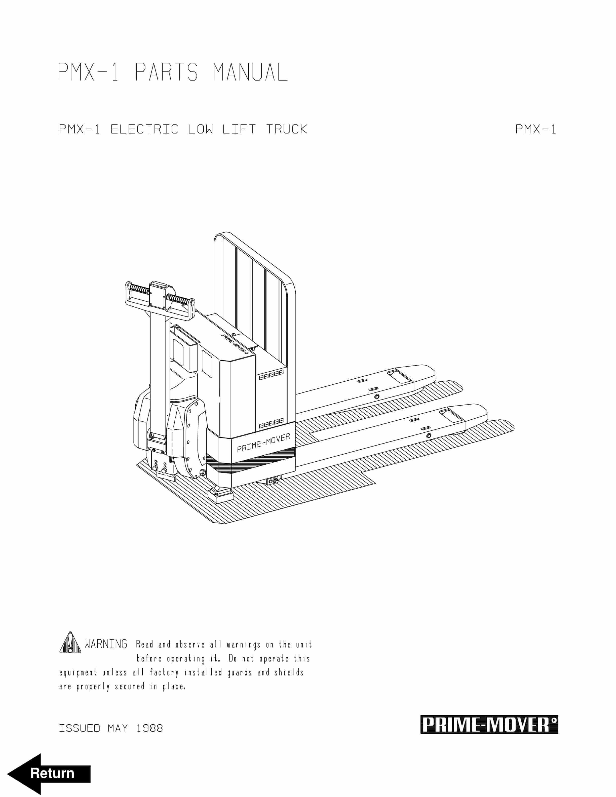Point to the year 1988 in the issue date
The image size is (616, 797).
[x=150, y=728]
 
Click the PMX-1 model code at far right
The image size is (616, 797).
[x=535, y=129]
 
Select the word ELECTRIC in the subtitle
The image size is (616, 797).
[x=144, y=129]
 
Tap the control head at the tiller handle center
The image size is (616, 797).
[x=158, y=294]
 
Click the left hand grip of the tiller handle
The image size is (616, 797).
[x=139, y=289]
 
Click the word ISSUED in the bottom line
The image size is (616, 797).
[x=80, y=728]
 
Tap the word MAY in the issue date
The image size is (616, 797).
[x=118, y=728]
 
